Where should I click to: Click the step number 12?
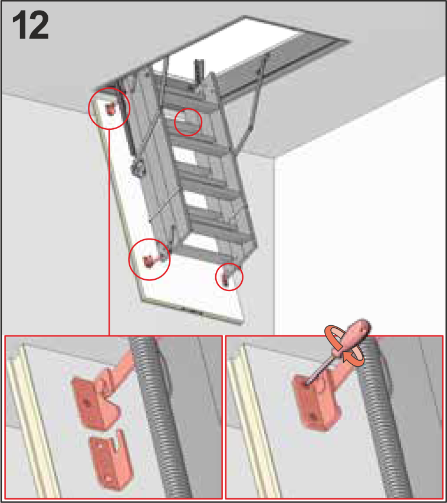[31, 25]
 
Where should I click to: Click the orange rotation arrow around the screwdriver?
[344, 346]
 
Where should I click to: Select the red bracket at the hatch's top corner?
[110, 109]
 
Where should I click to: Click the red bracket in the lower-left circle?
[149, 261]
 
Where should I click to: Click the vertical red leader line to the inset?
[109, 232]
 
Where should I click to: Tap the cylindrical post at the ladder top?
[199, 71]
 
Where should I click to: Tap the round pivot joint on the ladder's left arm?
[139, 168]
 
